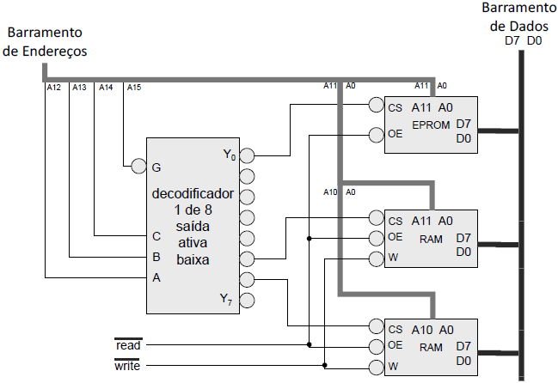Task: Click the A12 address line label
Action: [x=52, y=87]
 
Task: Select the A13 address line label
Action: [x=79, y=87]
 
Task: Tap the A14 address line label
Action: [x=107, y=87]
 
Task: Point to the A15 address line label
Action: [x=134, y=87]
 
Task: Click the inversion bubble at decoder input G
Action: [x=138, y=167]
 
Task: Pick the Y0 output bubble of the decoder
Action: [x=248, y=156]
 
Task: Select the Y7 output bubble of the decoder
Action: [x=248, y=300]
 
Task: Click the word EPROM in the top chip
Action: [x=432, y=125]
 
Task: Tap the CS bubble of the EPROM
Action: [x=375, y=106]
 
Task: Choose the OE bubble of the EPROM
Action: [x=375, y=134]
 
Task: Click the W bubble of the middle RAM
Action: [x=375, y=258]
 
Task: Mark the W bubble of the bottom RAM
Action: [x=375, y=367]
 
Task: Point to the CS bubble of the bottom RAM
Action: [x=375, y=326]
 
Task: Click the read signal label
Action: [x=127, y=344]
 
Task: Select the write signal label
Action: [x=127, y=365]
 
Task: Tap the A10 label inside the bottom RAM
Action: [x=421, y=329]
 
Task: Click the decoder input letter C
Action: [x=156, y=236]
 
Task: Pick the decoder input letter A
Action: [x=156, y=277]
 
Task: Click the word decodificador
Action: [x=193, y=193]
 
